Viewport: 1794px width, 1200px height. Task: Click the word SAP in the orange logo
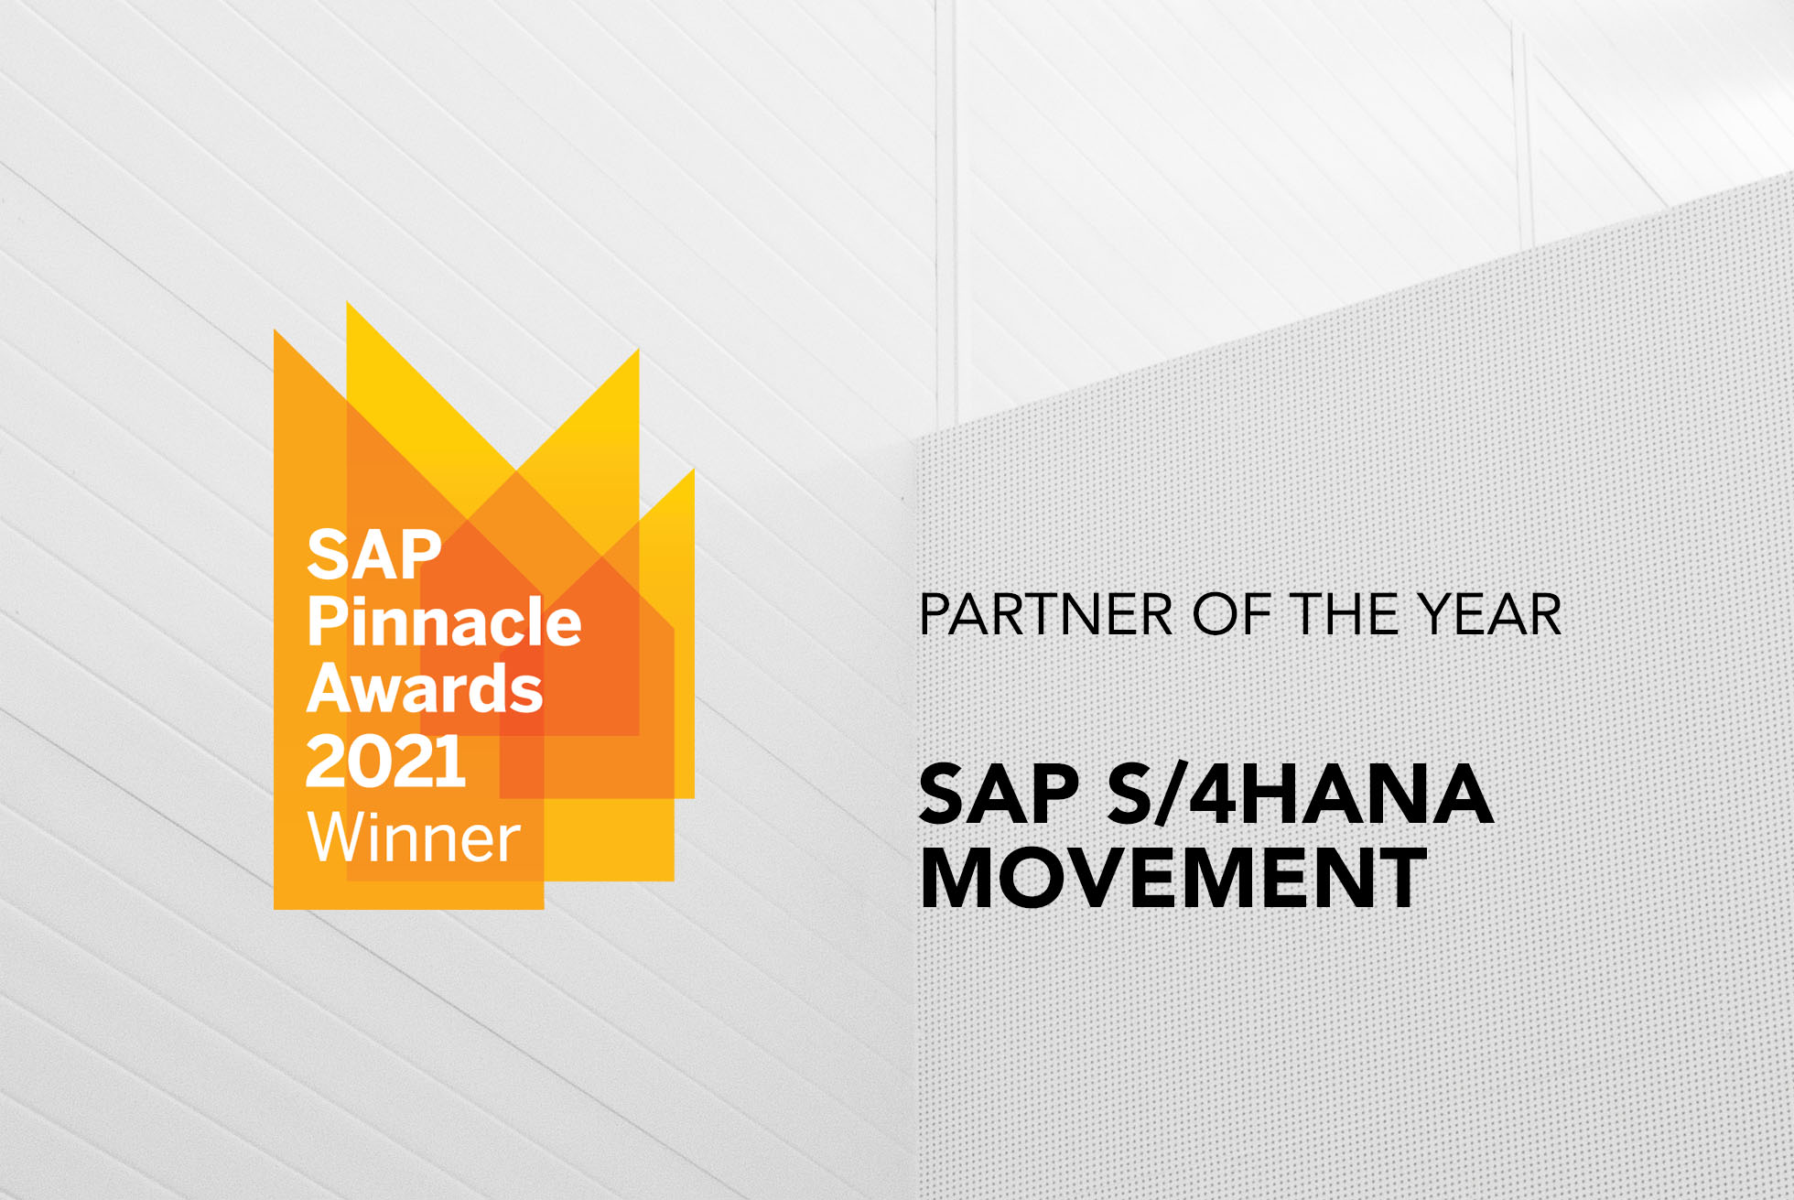point(373,555)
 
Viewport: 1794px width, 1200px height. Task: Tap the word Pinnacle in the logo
point(444,622)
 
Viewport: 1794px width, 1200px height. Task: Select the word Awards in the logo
point(425,688)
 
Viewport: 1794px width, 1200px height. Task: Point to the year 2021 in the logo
point(385,762)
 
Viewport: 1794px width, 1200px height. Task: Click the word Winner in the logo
point(415,838)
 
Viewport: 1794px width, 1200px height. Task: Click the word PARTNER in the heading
point(1045,614)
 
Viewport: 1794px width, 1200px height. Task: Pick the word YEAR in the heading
point(1490,614)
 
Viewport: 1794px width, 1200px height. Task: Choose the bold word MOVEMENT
point(1173,878)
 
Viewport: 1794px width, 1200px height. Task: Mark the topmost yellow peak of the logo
point(351,311)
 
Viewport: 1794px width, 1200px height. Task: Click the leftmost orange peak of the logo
point(279,339)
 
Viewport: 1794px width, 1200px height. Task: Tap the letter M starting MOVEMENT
point(960,878)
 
